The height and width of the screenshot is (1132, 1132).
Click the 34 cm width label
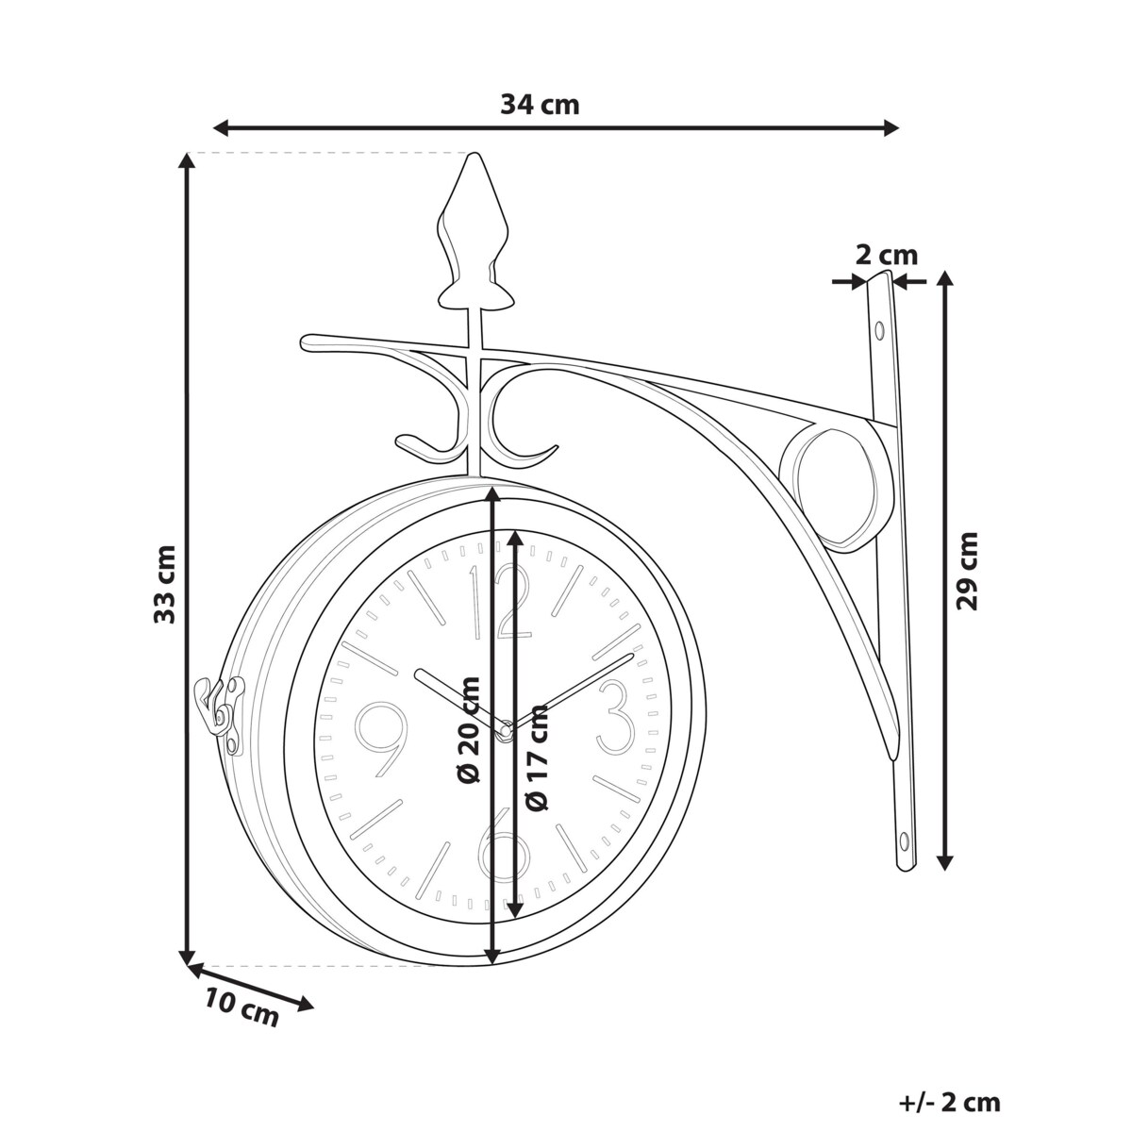(540, 106)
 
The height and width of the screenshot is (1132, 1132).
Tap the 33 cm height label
(164, 585)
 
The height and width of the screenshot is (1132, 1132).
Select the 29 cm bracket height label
(967, 571)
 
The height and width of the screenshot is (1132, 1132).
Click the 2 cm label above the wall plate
(887, 256)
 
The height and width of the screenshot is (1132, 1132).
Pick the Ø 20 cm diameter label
(468, 730)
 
